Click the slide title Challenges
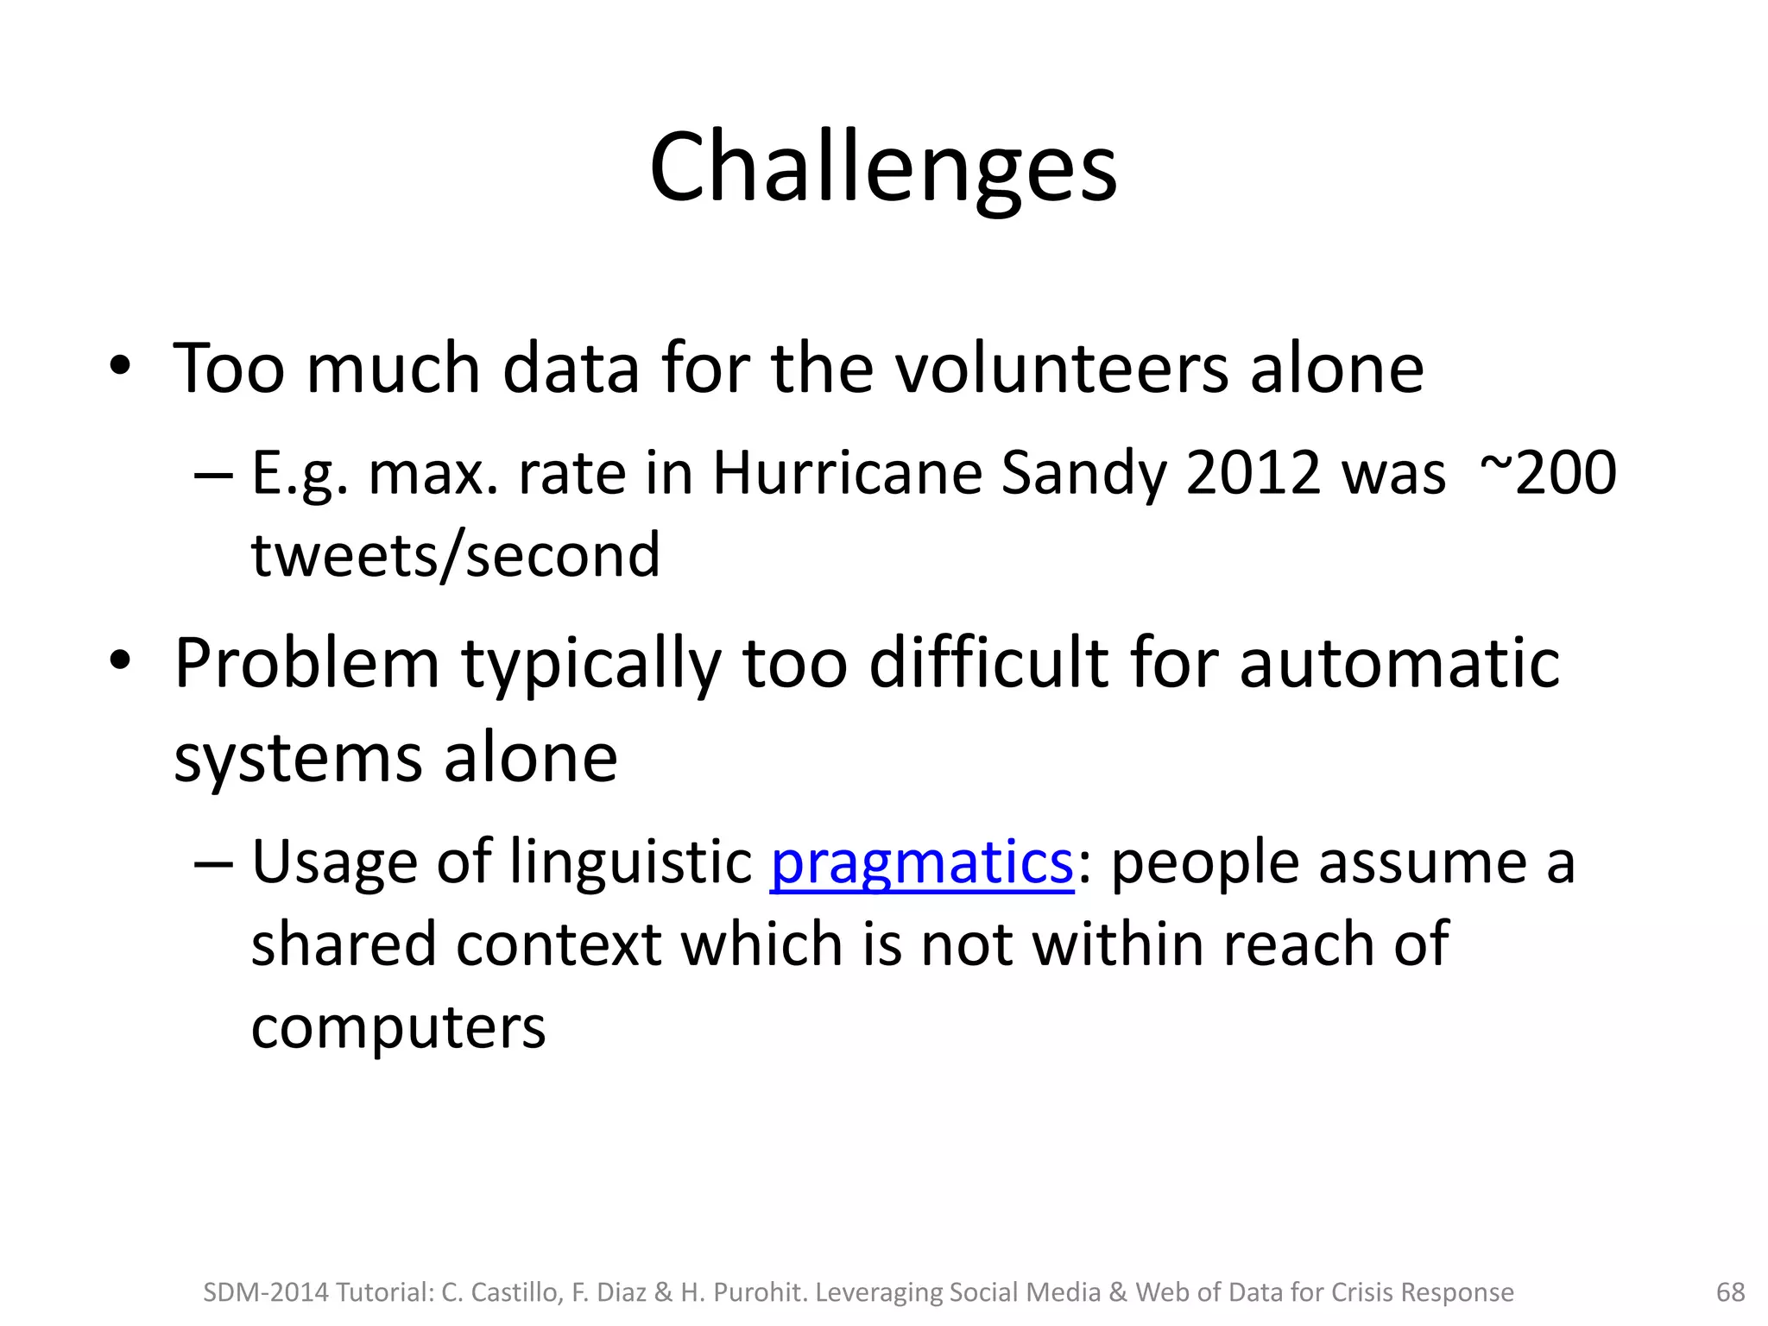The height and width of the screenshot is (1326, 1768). point(883,168)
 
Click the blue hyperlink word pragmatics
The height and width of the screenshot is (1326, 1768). point(921,863)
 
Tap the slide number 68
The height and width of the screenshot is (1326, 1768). point(1730,1291)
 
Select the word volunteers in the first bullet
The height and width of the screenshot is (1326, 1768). point(1061,369)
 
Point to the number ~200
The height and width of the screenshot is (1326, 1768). point(1547,473)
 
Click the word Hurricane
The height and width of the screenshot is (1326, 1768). point(847,473)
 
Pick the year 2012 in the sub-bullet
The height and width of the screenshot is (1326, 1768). point(1253,473)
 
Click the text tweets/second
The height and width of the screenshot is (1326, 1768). point(455,555)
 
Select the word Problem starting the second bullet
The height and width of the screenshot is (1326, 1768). point(306,665)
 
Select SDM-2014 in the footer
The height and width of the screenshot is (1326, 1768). point(266,1292)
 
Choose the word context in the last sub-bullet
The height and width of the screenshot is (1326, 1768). point(559,944)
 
